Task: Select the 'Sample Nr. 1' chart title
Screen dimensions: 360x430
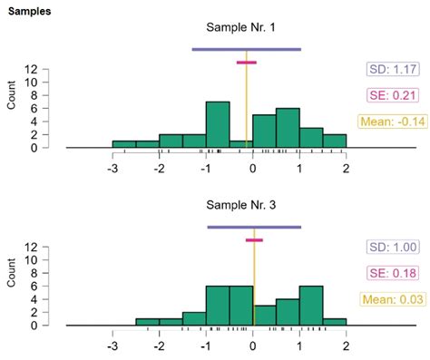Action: point(246,28)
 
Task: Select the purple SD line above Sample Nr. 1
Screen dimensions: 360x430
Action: point(246,49)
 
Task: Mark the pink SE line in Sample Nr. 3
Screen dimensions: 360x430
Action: point(254,240)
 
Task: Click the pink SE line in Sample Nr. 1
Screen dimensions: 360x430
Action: point(246,63)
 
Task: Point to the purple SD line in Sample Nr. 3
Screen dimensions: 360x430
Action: point(254,227)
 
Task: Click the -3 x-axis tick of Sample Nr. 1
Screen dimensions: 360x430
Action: point(112,168)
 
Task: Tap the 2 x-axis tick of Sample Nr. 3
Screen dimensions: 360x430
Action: point(346,345)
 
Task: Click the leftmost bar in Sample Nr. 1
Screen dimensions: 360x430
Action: point(123,144)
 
